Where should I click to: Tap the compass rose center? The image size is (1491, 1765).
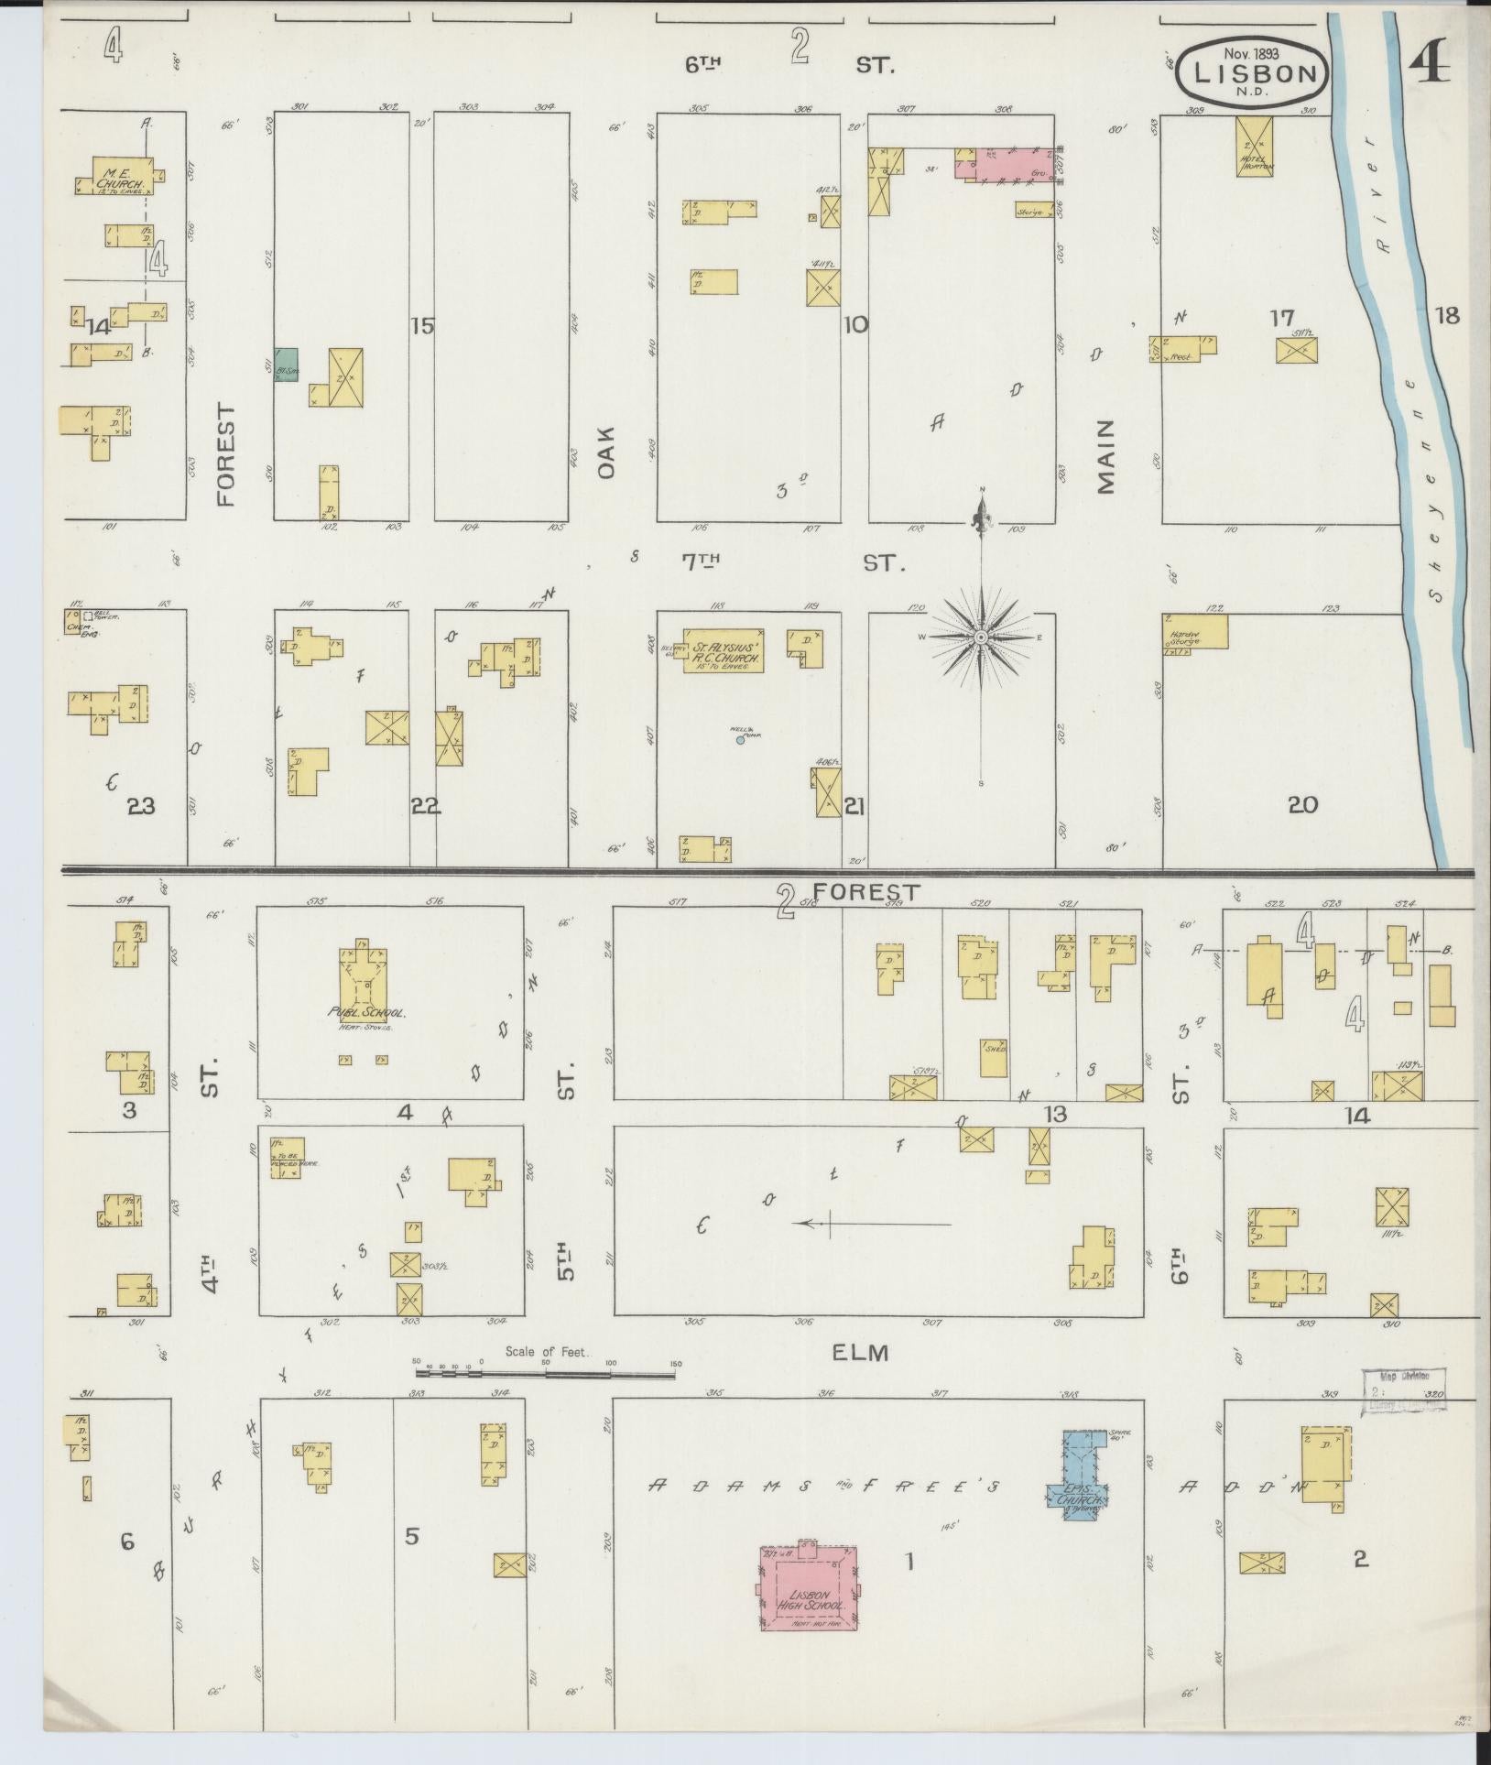(x=981, y=637)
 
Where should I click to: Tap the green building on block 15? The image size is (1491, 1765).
(x=287, y=365)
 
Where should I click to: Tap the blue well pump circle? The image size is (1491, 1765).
(x=740, y=740)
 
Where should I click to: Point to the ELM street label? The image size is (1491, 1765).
(x=862, y=1351)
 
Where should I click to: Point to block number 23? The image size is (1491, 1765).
(x=141, y=806)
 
